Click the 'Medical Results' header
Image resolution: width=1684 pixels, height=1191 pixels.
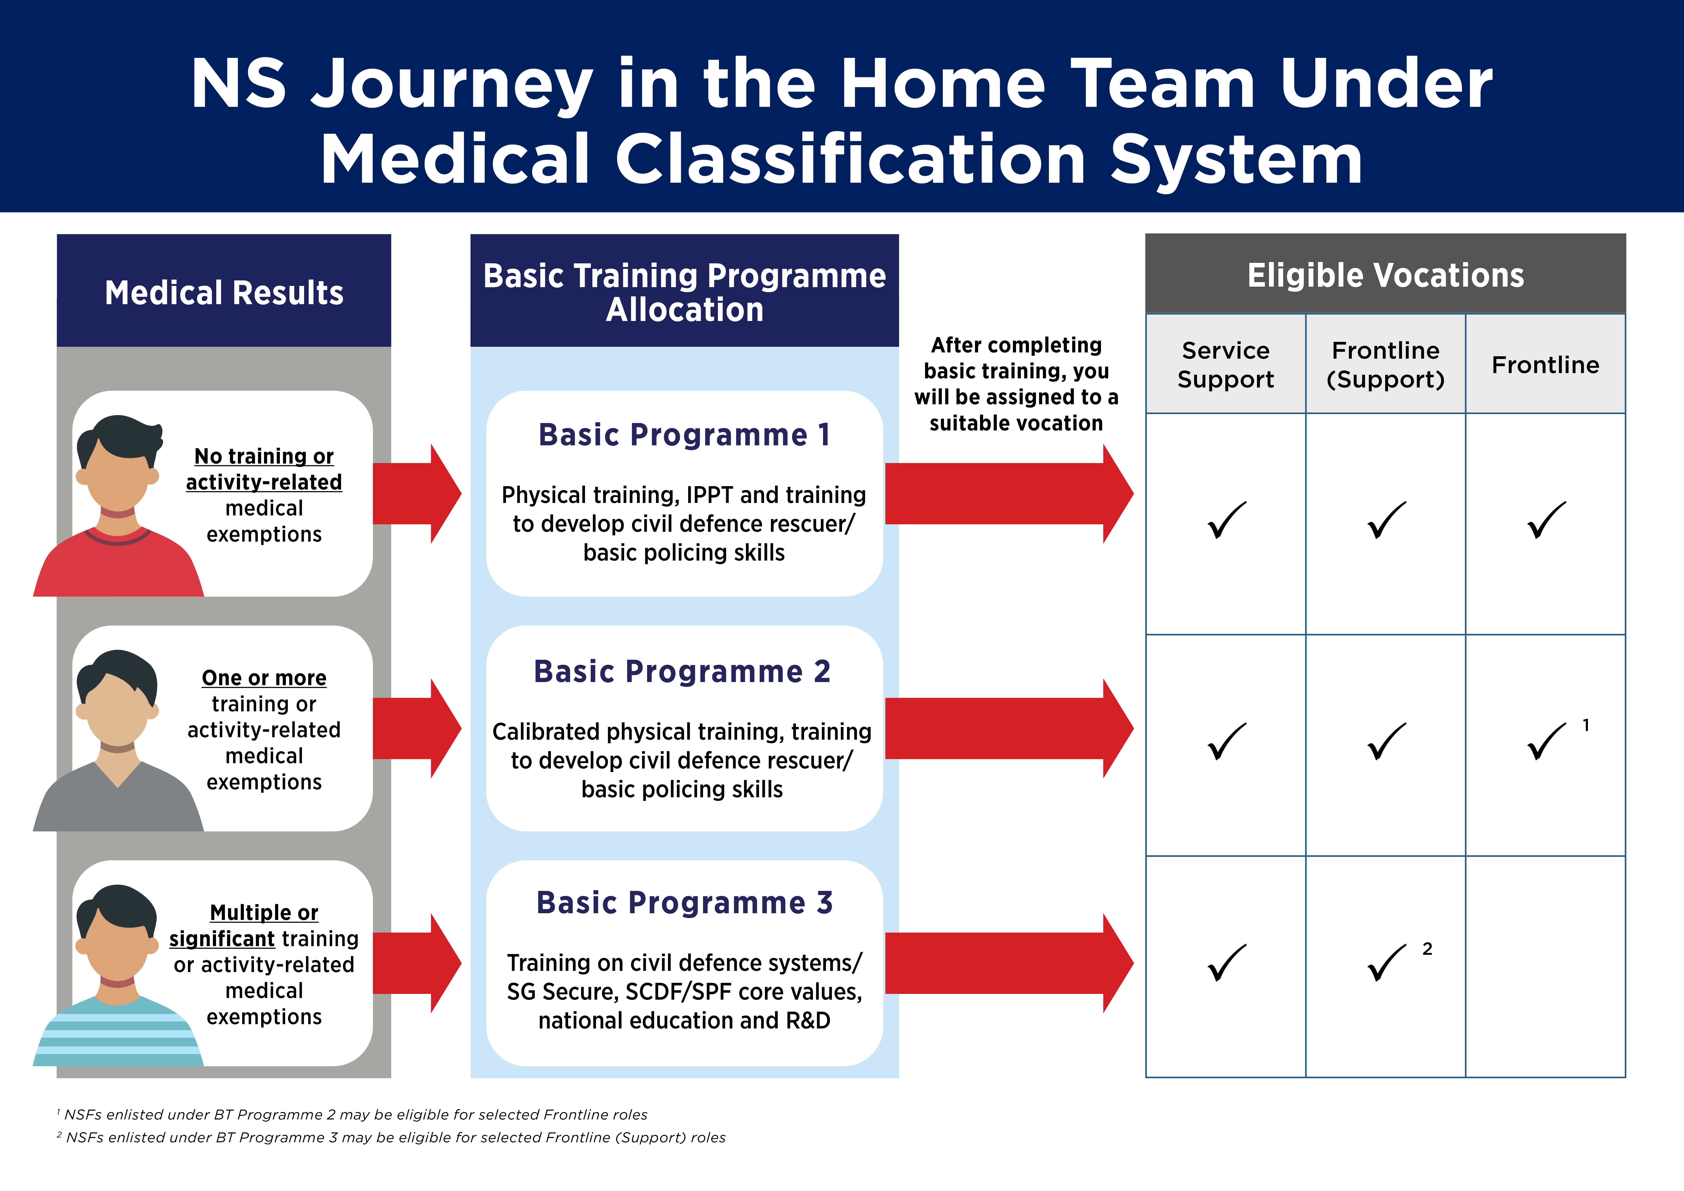(224, 292)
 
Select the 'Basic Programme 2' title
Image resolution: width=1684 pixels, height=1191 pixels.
(682, 671)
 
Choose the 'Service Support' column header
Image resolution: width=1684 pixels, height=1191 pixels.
(1225, 365)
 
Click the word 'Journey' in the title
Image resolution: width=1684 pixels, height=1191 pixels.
(451, 85)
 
